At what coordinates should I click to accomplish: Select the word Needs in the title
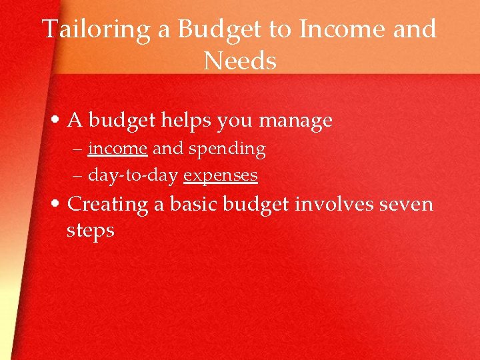click(240, 62)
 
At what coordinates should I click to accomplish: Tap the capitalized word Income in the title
click(343, 30)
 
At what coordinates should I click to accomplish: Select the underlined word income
click(117, 149)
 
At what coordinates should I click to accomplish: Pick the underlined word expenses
click(221, 176)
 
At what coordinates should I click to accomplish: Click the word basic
click(193, 203)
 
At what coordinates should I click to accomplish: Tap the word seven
click(406, 203)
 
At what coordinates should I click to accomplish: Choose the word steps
click(91, 231)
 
